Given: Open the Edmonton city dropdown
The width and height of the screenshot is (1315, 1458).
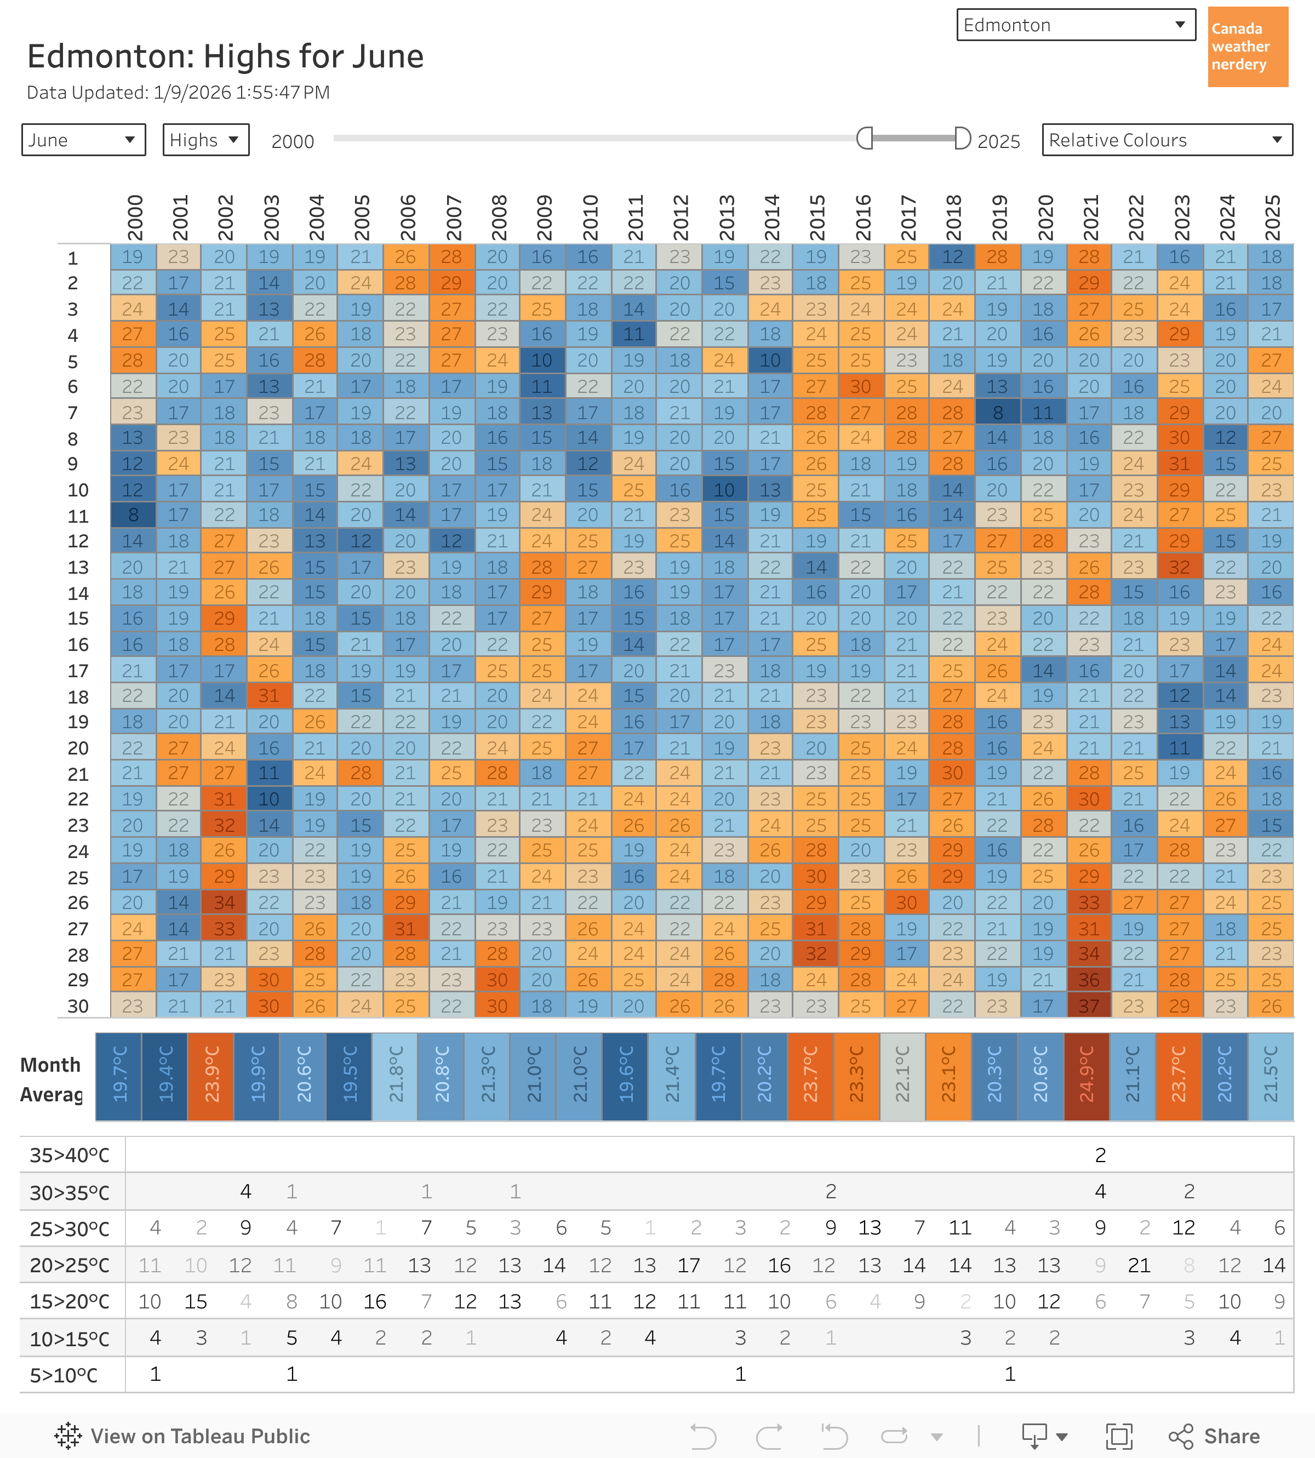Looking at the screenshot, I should click(1075, 25).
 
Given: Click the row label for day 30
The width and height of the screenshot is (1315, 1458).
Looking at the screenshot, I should click(78, 1006).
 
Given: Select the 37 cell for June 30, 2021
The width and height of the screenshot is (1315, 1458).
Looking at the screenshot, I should click(1089, 1006).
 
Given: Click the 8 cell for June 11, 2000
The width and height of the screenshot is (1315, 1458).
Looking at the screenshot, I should click(133, 515).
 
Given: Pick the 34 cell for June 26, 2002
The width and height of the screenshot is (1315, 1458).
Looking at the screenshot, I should click(224, 902).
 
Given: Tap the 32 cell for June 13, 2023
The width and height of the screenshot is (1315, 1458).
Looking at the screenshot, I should click(1179, 567).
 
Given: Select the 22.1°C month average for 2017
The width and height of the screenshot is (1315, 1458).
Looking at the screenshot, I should click(902, 1077).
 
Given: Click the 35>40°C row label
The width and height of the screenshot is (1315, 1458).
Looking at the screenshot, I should click(70, 1155).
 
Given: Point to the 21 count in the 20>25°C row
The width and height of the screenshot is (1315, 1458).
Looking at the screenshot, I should click(1139, 1265).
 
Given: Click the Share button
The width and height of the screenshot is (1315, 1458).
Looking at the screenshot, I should click(1215, 1436).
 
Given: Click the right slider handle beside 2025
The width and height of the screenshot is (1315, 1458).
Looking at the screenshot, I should click(962, 138).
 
